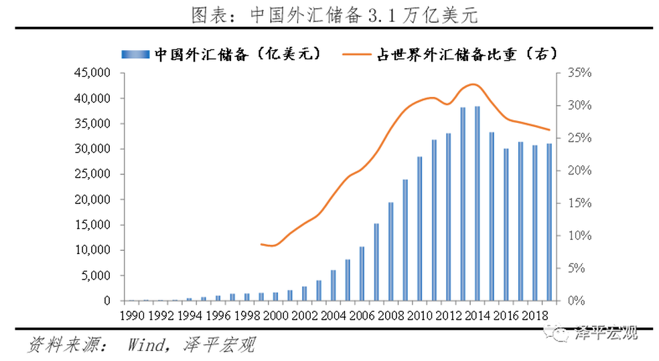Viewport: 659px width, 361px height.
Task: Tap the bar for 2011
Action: click(x=434, y=220)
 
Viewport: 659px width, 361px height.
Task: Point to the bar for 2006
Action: click(x=362, y=273)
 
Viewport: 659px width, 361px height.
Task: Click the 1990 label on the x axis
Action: click(x=131, y=315)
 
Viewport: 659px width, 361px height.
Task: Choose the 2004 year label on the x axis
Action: click(x=334, y=315)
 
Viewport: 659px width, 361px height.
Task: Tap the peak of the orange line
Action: click(x=473, y=84)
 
